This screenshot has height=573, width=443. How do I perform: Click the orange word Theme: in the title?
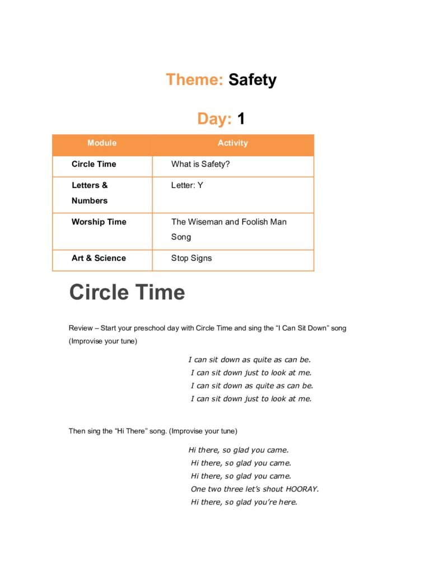pyautogui.click(x=194, y=79)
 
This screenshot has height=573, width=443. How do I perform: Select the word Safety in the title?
pyautogui.click(x=252, y=79)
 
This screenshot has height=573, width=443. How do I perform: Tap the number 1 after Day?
pyautogui.click(x=241, y=119)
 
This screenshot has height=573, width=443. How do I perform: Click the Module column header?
pyautogui.click(x=102, y=143)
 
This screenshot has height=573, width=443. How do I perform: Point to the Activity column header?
pyautogui.click(x=232, y=143)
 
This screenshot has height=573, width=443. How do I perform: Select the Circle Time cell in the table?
pyautogui.click(x=94, y=164)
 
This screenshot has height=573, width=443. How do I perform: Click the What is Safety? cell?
pyautogui.click(x=200, y=164)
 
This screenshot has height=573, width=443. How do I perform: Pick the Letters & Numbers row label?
pyautogui.click(x=90, y=192)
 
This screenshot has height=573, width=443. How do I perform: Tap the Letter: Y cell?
pyautogui.click(x=187, y=185)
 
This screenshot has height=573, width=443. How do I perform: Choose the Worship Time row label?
pyautogui.click(x=99, y=222)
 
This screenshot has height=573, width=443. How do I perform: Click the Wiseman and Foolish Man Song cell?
pyautogui.click(x=229, y=229)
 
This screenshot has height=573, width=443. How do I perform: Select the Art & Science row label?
pyautogui.click(x=99, y=258)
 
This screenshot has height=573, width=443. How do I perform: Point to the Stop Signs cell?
pyautogui.click(x=192, y=258)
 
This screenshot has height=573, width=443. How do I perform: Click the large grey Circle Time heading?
pyautogui.click(x=127, y=293)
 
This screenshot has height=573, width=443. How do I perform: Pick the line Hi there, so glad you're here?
pyautogui.click(x=244, y=502)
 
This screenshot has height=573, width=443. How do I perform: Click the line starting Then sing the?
pyautogui.click(x=153, y=431)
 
